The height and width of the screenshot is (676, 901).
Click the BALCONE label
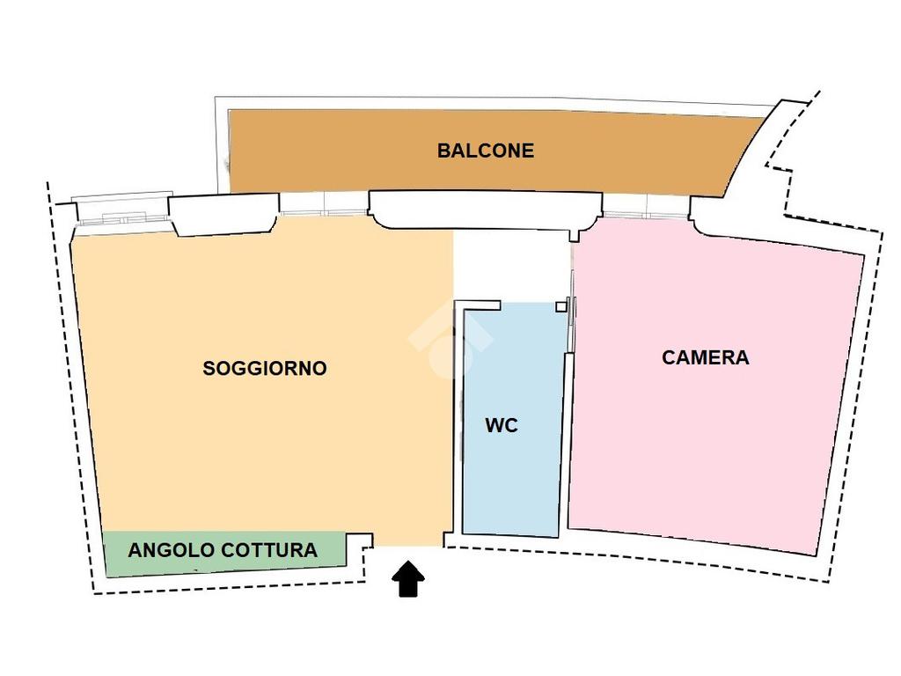[485, 151]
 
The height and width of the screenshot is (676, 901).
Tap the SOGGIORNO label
[264, 368]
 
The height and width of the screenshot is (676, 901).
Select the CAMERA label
[705, 357]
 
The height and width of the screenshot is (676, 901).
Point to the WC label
[502, 426]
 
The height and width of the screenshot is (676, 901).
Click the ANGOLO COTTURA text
[223, 551]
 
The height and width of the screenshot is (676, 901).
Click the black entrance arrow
[407, 580]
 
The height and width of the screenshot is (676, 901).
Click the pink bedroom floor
[713, 440]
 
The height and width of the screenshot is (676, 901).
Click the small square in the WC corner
[560, 307]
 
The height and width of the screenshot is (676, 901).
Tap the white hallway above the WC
[510, 264]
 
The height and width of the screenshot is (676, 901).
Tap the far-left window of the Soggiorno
[120, 210]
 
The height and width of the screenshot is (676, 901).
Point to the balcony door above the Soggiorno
[323, 203]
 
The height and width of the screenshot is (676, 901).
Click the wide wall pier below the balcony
[484, 209]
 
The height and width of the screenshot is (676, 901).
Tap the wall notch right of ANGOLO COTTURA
[359, 553]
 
